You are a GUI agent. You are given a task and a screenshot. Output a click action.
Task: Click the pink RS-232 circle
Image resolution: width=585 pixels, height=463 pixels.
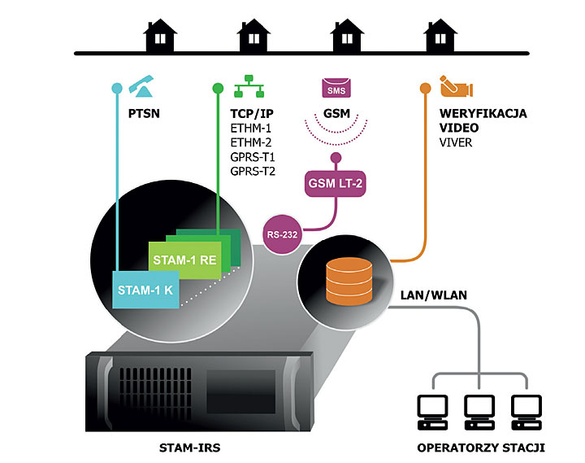[283, 234]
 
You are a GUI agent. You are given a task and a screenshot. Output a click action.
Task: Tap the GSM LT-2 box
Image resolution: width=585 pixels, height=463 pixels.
[335, 183]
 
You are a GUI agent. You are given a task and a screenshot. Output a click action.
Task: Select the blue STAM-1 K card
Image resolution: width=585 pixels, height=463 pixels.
[146, 290]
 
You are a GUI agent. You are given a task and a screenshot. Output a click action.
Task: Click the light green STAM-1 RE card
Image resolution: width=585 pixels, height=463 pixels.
[185, 260]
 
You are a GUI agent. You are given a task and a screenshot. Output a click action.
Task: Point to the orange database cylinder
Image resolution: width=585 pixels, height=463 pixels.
[349, 281]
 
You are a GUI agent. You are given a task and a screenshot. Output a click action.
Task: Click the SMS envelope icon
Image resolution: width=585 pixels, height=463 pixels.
[336, 88]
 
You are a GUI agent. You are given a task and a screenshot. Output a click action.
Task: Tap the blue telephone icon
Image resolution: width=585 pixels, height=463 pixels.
[141, 86]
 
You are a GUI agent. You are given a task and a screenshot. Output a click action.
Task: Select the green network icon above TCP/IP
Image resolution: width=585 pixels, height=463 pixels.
[249, 86]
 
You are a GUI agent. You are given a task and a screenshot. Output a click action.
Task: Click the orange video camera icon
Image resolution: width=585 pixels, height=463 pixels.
[457, 86]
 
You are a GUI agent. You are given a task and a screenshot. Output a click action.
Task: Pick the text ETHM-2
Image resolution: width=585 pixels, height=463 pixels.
[251, 142]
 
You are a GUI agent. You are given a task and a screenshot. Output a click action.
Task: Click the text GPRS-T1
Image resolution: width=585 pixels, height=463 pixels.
[253, 157]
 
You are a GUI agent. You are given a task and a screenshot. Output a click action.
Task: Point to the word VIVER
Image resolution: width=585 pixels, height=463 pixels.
[456, 142]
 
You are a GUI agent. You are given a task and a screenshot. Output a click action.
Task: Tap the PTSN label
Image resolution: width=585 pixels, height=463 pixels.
[144, 113]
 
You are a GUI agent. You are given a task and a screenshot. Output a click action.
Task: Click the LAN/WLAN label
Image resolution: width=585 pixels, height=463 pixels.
[434, 295]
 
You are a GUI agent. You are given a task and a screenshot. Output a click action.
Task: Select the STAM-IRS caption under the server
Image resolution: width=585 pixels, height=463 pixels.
[189, 448]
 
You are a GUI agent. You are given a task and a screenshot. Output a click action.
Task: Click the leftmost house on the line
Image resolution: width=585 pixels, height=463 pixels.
[160, 36]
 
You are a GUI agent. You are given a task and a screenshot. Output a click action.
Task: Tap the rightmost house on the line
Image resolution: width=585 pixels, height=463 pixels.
[440, 36]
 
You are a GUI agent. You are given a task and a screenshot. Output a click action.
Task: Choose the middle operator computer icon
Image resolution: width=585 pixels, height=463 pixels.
[479, 413]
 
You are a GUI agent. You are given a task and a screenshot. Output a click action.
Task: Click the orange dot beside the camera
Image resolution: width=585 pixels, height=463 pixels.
[425, 88]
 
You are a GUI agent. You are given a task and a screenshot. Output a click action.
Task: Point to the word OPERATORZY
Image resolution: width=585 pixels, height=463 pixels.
[457, 448]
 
